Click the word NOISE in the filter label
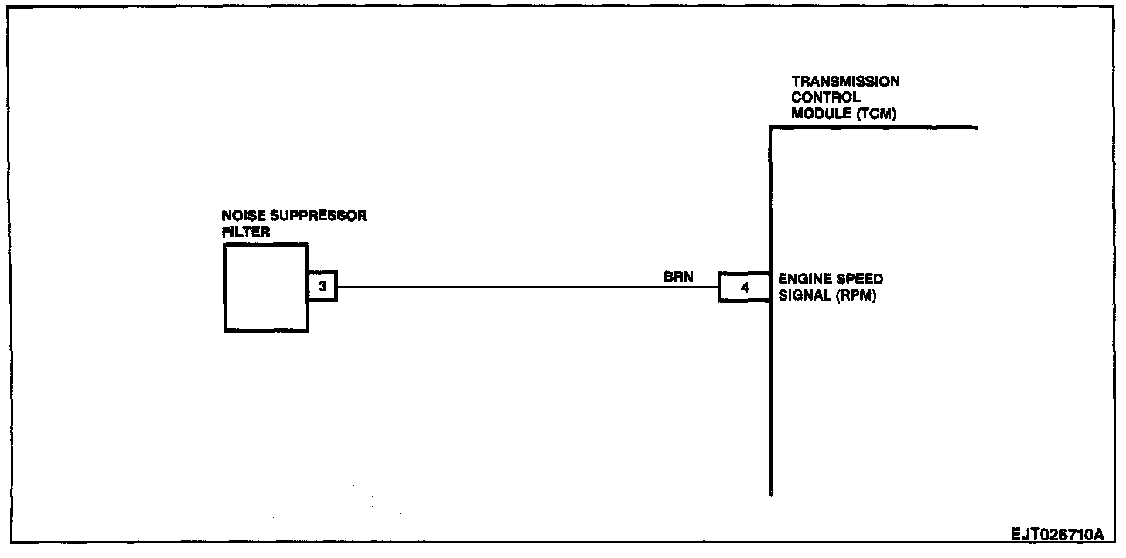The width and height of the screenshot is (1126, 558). (x=240, y=216)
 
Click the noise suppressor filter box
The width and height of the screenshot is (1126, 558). (x=265, y=288)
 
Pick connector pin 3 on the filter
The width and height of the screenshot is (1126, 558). (x=323, y=287)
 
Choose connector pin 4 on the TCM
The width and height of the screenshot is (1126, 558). (x=744, y=288)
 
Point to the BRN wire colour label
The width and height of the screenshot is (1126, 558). (x=678, y=276)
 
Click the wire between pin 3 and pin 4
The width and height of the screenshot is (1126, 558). (x=526, y=287)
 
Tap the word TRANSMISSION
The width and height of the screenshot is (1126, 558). (x=845, y=81)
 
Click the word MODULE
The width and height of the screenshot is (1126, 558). (x=817, y=115)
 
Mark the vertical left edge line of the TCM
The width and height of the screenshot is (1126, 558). (x=771, y=386)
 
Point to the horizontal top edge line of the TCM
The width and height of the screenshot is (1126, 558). (x=874, y=128)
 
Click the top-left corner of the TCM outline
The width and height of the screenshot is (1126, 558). (x=771, y=128)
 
